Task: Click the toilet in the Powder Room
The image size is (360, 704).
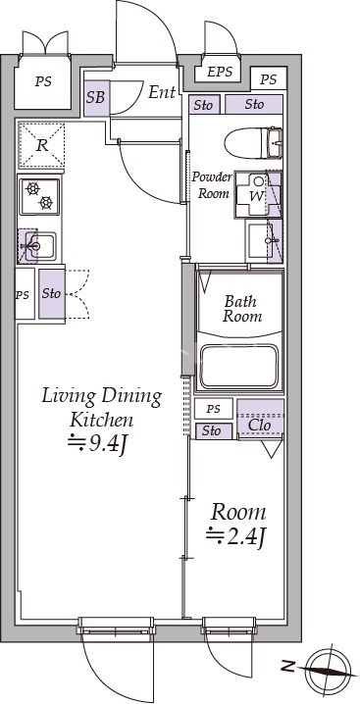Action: point(253,143)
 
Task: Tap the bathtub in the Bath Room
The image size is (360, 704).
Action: point(238,366)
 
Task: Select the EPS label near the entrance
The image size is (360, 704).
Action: point(220,72)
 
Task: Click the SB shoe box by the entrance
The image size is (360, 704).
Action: point(96,98)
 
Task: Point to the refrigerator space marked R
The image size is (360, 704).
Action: point(41,144)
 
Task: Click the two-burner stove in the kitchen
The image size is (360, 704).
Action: point(39,196)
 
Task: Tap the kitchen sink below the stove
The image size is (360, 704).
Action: point(37,246)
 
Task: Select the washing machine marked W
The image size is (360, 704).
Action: point(258,194)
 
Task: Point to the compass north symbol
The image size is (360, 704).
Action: point(331,670)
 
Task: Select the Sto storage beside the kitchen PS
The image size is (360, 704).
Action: point(52,293)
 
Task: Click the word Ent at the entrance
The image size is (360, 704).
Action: point(162,93)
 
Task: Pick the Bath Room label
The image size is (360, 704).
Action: point(242,309)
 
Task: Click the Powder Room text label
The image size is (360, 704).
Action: point(212,185)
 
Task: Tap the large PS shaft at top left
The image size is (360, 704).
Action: point(43,82)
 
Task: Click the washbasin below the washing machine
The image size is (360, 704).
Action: point(264,241)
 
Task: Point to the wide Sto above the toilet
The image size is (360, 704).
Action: point(254,104)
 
